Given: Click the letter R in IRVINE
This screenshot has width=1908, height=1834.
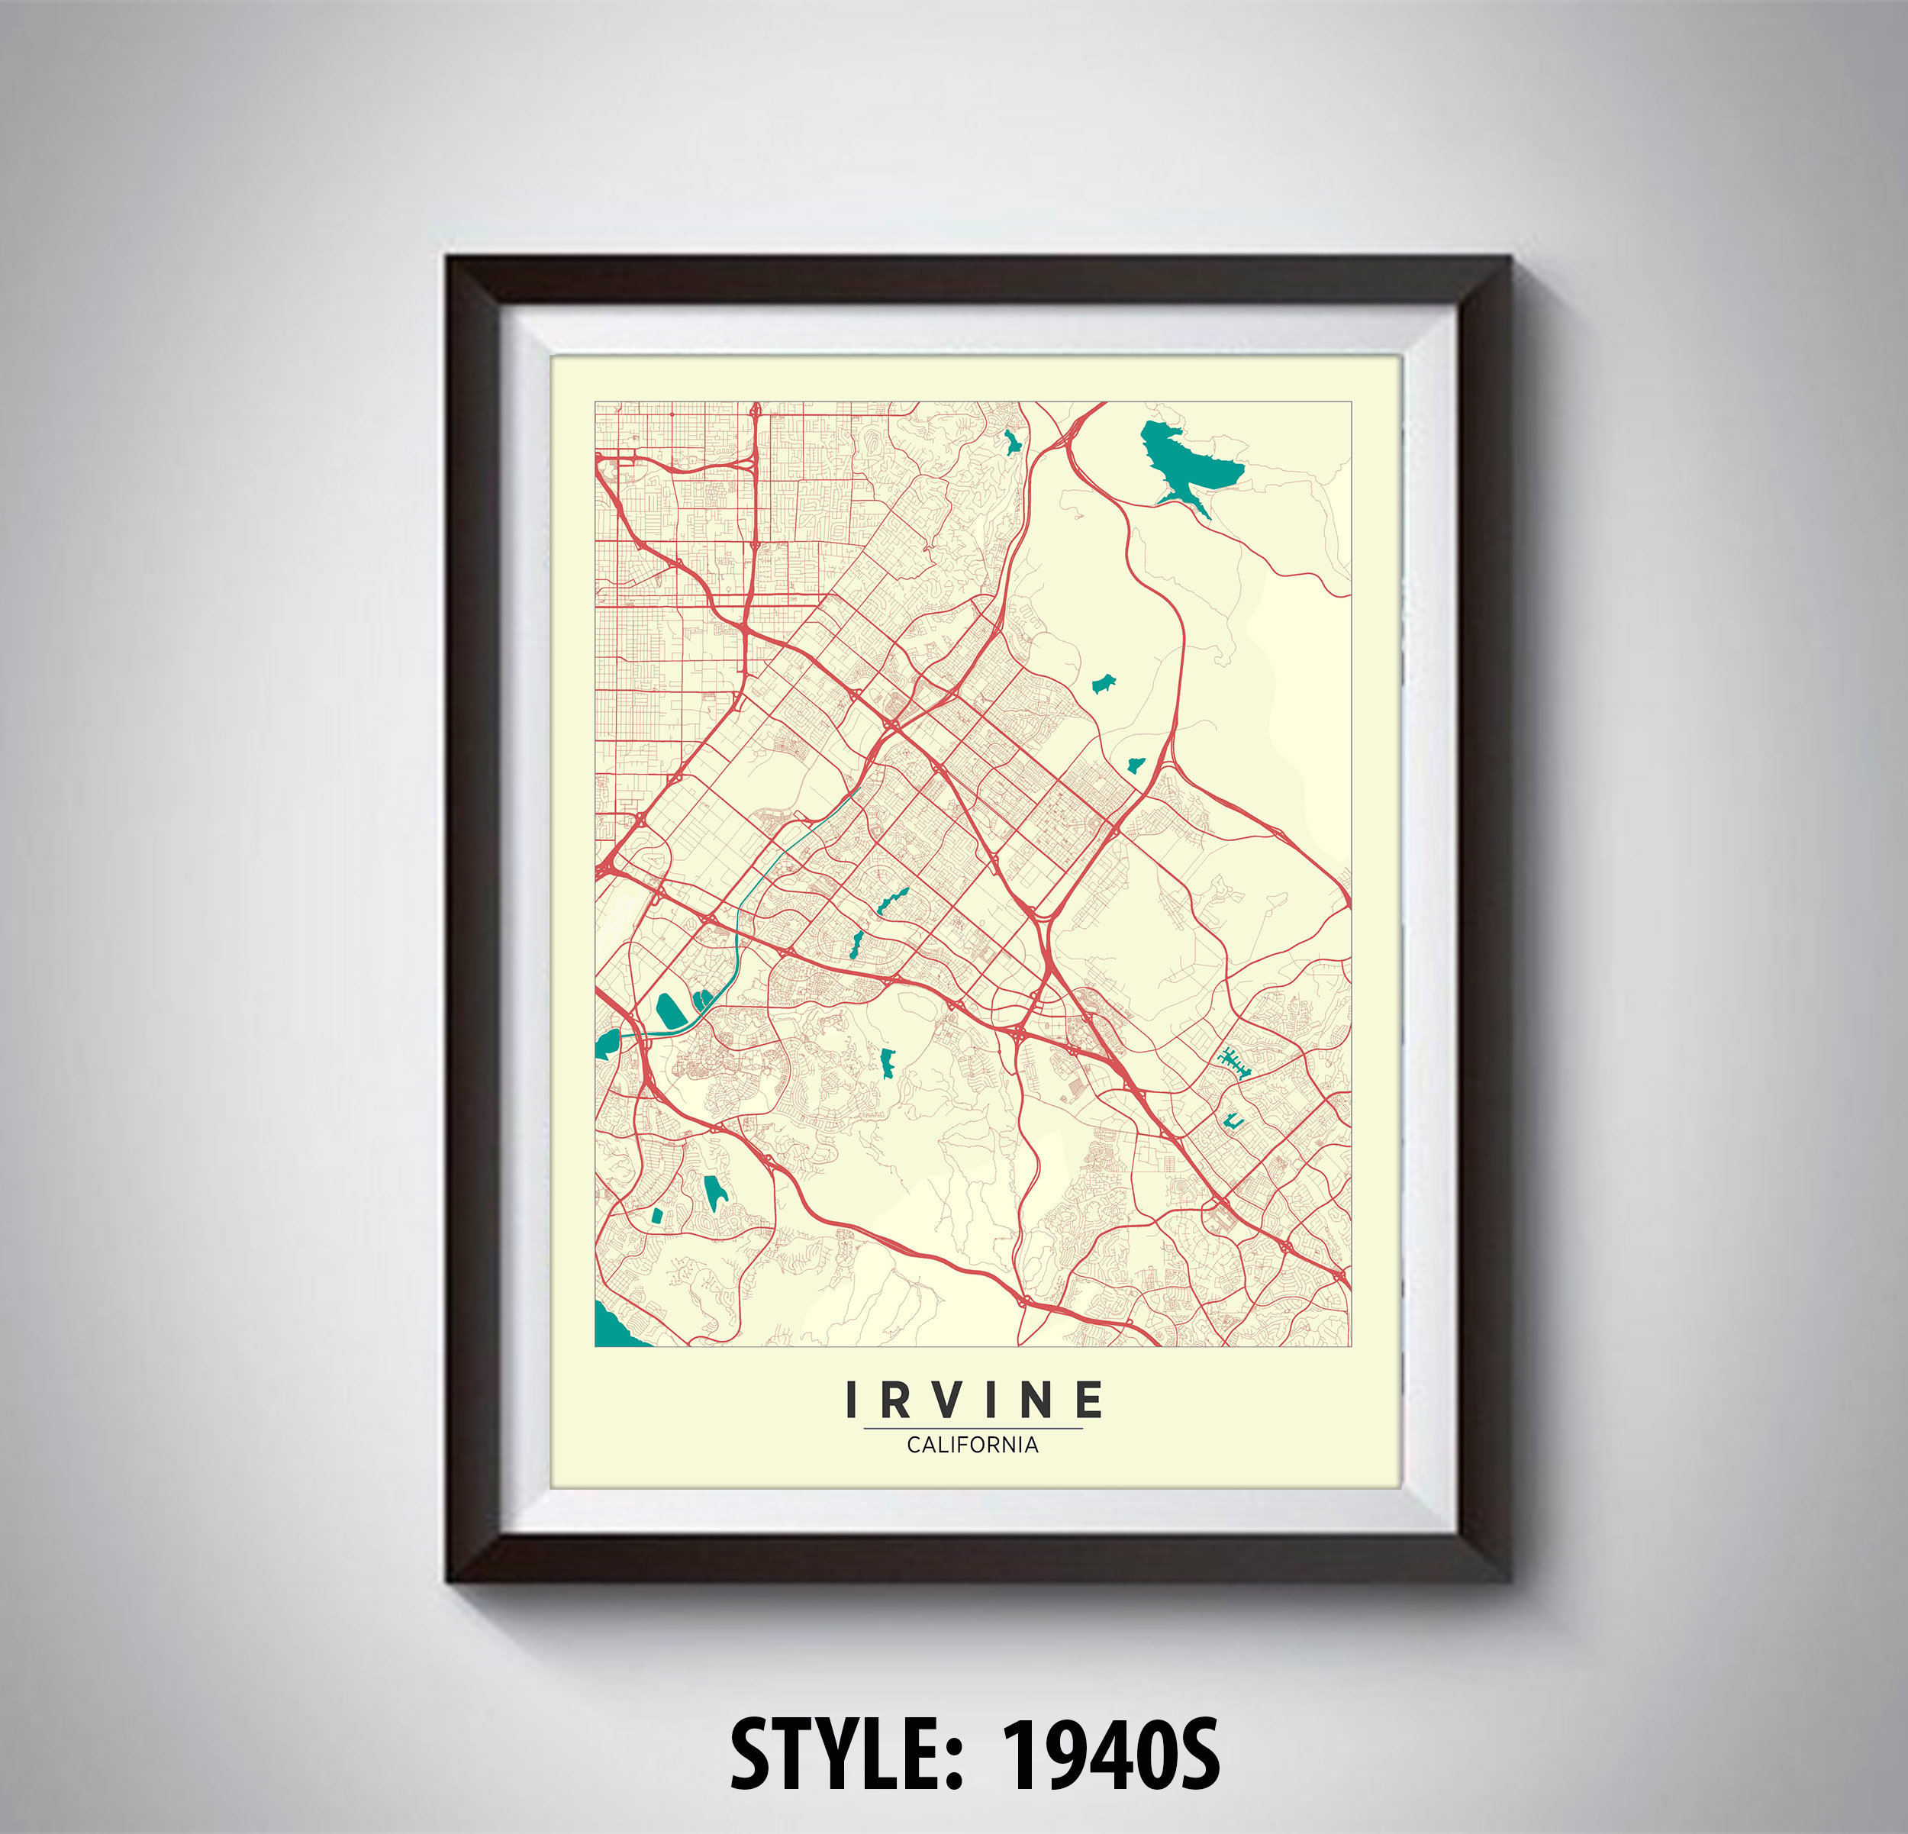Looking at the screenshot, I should click(897, 1400).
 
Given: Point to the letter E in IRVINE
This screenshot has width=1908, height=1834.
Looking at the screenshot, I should click(1089, 1400).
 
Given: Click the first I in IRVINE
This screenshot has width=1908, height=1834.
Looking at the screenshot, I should click(852, 1400).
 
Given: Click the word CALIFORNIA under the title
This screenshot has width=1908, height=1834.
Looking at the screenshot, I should click(972, 1446).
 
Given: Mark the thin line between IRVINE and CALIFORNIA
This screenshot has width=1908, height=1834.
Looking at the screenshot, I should click(972, 1428).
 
